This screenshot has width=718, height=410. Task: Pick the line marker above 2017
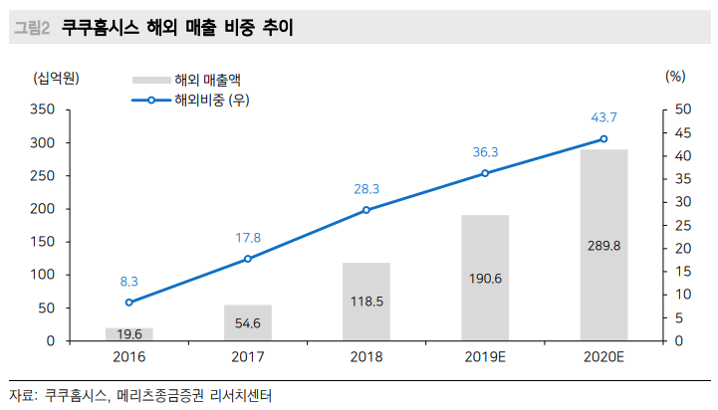247,259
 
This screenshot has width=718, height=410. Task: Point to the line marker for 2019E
485,173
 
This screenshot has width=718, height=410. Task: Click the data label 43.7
603,117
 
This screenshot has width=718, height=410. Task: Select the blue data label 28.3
366,188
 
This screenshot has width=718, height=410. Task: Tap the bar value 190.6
485,281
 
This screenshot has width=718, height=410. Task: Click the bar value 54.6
247,323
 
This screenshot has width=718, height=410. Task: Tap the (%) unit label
674,76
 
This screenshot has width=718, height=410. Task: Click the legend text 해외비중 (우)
212,100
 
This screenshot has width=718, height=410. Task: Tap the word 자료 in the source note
20,395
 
